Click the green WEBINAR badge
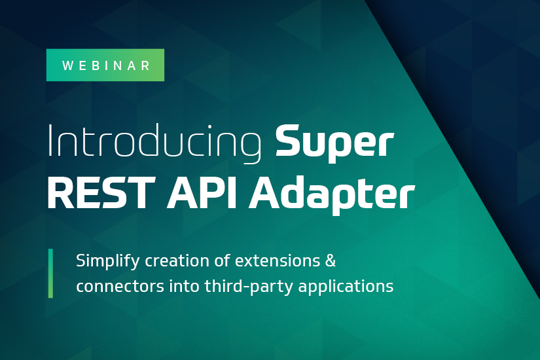tap(105, 65)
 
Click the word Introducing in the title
tap(154, 143)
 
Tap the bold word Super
tap(334, 143)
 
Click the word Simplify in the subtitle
tap(107, 261)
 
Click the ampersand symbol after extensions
tap(331, 261)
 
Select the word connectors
tap(120, 287)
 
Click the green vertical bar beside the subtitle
tap(50, 273)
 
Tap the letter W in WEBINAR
tap(67, 65)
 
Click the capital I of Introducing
tap(50, 140)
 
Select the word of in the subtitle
tap(222, 261)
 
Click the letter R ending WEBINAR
tap(146, 65)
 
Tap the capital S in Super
tap(287, 140)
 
